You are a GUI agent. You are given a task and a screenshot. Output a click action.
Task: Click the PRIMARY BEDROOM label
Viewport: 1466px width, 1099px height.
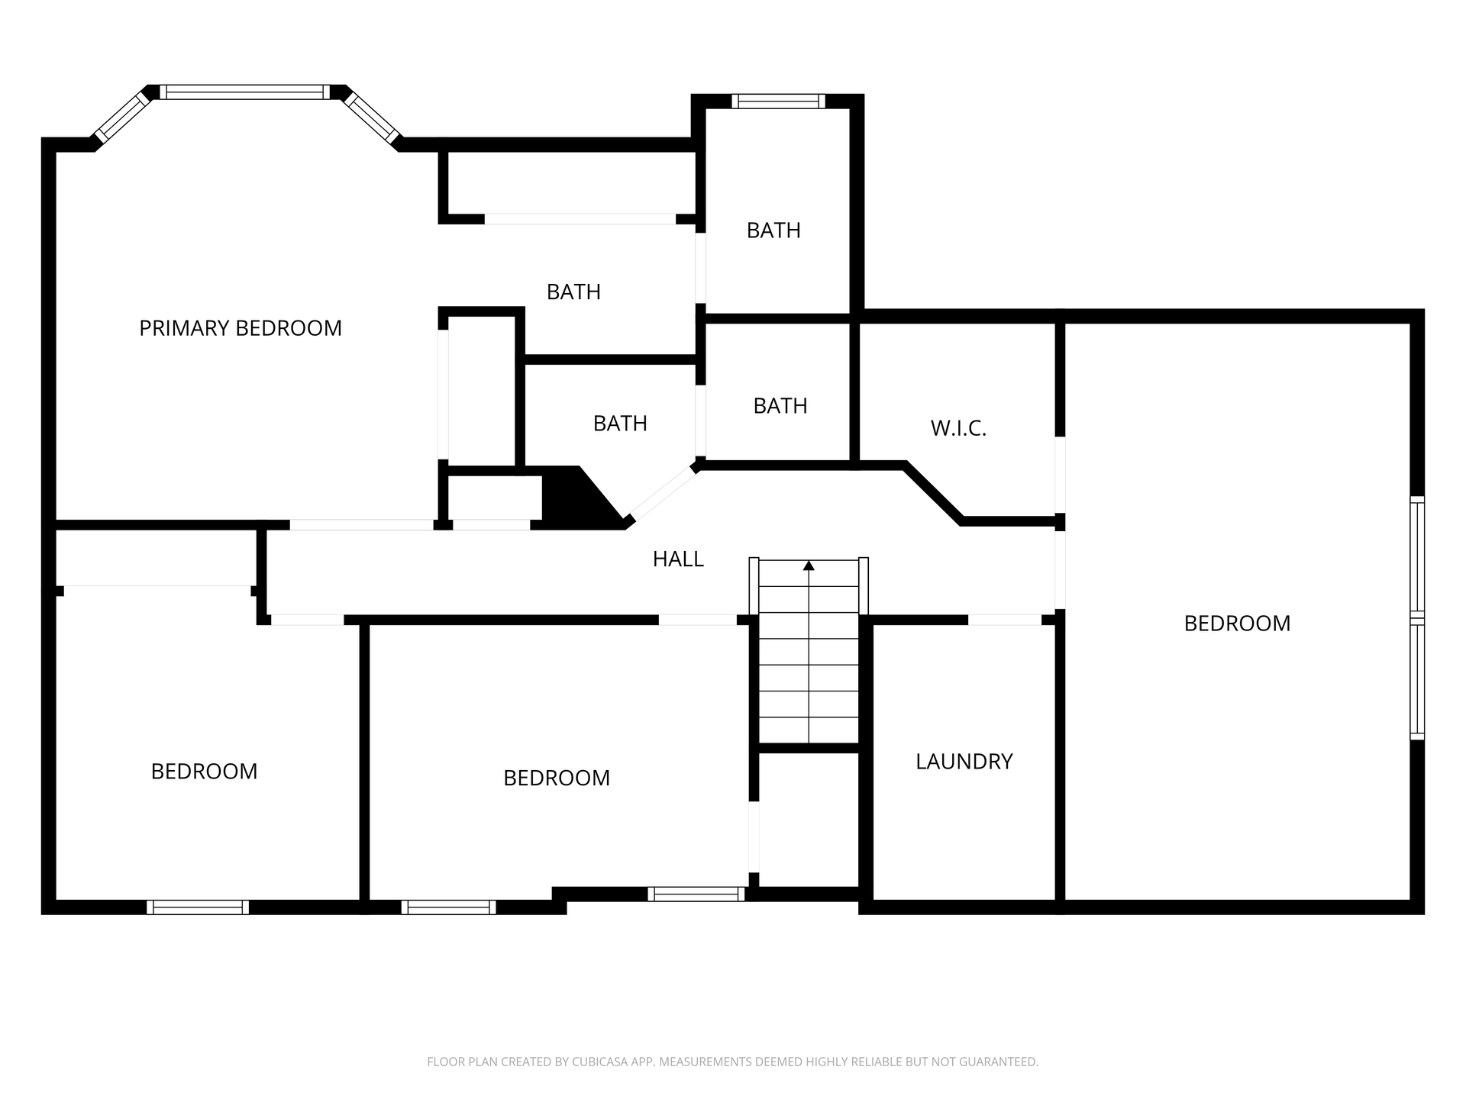pyautogui.click(x=241, y=328)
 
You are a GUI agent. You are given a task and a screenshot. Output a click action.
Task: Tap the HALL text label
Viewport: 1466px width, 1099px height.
pyautogui.click(x=678, y=559)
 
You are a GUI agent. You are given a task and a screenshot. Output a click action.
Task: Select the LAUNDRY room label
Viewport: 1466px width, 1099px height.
pyautogui.click(x=964, y=762)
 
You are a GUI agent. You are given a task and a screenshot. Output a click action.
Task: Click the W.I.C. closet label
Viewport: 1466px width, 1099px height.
pyautogui.click(x=958, y=429)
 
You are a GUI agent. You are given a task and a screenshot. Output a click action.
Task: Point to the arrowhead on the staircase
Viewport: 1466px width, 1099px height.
pyautogui.click(x=809, y=566)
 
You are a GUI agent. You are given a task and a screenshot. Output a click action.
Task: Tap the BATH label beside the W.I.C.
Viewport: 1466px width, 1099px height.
pyautogui.click(x=780, y=406)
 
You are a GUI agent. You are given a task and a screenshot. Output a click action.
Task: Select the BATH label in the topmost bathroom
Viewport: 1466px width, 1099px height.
pyautogui.click(x=773, y=230)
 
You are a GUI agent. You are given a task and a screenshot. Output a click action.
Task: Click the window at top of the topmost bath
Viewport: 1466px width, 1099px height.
pyautogui.click(x=779, y=101)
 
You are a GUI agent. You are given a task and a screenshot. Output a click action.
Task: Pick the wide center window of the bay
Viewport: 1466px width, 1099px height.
pyautogui.click(x=245, y=92)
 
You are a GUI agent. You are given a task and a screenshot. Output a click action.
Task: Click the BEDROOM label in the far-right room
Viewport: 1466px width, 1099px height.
pyautogui.click(x=1237, y=624)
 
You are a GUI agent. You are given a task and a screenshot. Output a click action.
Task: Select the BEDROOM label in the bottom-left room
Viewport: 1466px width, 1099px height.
pyautogui.click(x=204, y=772)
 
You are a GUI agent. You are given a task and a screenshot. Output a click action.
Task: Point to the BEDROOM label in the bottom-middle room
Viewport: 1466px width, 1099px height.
pyautogui.click(x=557, y=778)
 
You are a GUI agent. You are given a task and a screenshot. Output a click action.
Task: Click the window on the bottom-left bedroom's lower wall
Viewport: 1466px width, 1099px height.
pyautogui.click(x=198, y=907)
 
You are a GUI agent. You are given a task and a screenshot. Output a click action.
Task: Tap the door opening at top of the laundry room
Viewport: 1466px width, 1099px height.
pyautogui.click(x=1005, y=620)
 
